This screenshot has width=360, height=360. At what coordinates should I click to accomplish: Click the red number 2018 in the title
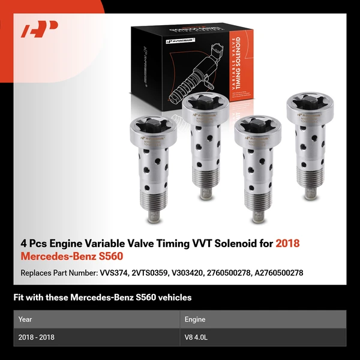coord(287,244)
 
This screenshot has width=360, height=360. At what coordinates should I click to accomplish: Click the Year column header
coord(25,320)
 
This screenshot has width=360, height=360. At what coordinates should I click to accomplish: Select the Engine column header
coord(196,320)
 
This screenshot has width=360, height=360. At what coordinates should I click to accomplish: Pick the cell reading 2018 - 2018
coord(37,337)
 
